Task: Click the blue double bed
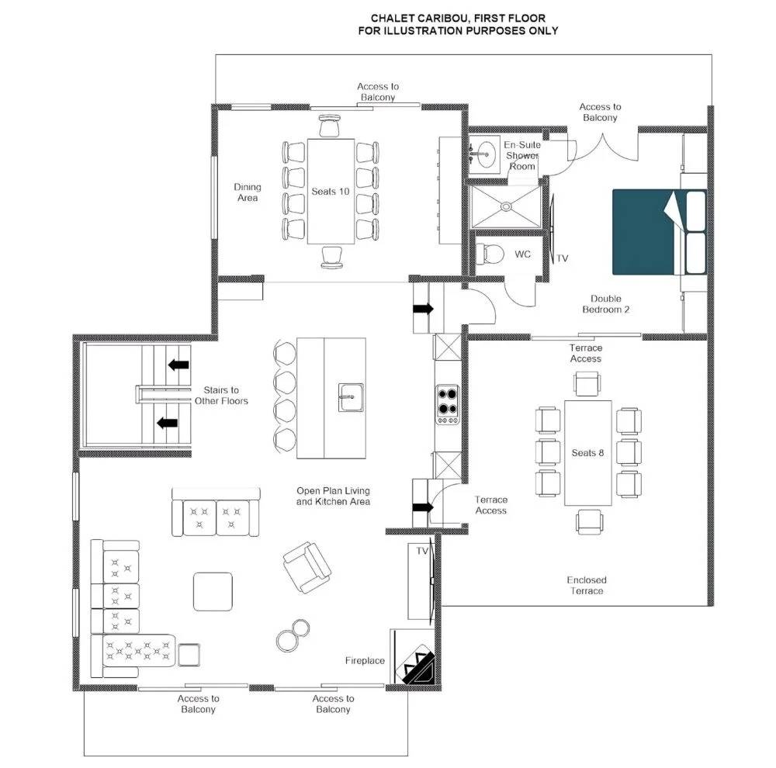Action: (659, 232)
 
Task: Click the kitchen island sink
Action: (352, 397)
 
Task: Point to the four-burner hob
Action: (448, 404)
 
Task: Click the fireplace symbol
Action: (419, 665)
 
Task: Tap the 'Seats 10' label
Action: (330, 192)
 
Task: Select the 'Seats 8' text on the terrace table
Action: (587, 453)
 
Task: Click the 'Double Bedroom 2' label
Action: (606, 304)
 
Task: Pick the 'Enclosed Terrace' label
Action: (587, 585)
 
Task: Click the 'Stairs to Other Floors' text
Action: (221, 396)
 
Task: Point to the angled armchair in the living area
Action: (307, 567)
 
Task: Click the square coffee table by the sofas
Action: (213, 591)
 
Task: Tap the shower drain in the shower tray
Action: (506, 206)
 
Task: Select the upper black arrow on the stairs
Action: (178, 365)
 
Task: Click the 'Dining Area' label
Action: (248, 192)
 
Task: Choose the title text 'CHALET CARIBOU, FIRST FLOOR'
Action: (459, 19)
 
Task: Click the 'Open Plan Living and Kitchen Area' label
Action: (333, 496)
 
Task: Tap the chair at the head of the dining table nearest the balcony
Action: (330, 125)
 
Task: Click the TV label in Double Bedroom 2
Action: (562, 258)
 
